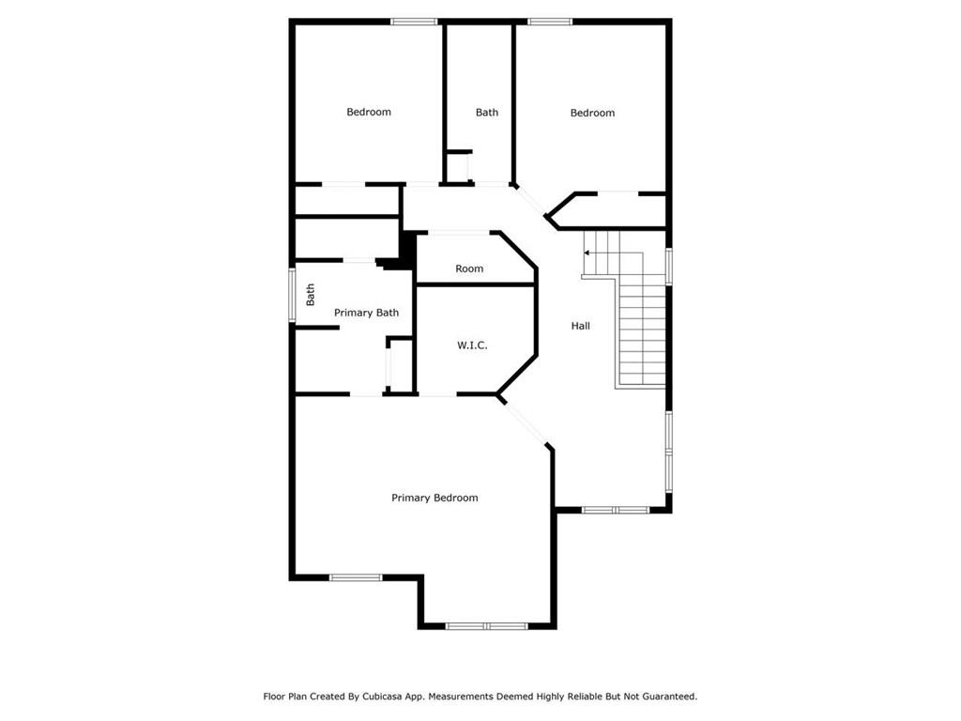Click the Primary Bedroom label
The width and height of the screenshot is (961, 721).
pyautogui.click(x=435, y=498)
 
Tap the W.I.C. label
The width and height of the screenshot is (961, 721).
pyautogui.click(x=472, y=345)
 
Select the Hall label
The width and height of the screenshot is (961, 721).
pyautogui.click(x=580, y=326)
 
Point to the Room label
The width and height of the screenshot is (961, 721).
pyautogui.click(x=469, y=268)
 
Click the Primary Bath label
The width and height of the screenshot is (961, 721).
pyautogui.click(x=366, y=313)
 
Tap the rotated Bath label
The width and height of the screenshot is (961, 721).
pyautogui.click(x=310, y=295)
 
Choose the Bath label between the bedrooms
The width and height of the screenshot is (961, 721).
pyautogui.click(x=487, y=113)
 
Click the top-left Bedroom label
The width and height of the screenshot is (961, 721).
pyautogui.click(x=368, y=112)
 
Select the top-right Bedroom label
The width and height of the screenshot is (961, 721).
pyautogui.click(x=592, y=113)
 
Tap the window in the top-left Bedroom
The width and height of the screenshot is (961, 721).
pyautogui.click(x=414, y=23)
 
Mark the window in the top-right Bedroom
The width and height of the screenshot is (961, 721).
pyautogui.click(x=550, y=23)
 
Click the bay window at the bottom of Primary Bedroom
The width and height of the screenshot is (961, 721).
pyautogui.click(x=487, y=626)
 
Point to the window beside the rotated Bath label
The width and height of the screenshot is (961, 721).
pyautogui.click(x=293, y=295)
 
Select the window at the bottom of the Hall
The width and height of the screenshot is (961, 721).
pyautogui.click(x=616, y=510)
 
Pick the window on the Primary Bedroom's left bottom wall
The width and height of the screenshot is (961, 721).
pyautogui.click(x=356, y=577)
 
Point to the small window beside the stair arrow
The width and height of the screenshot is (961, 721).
pyautogui.click(x=668, y=266)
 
